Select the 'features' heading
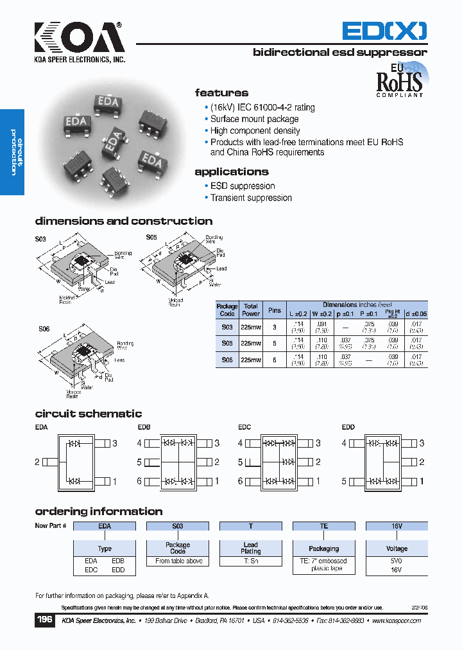tap(221, 93)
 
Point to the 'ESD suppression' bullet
tap(243, 186)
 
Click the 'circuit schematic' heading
tap(89, 414)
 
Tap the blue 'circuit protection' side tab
tap(12, 152)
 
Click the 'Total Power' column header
tap(251, 310)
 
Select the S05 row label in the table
tap(227, 344)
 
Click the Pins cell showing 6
tap(275, 361)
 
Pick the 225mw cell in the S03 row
tap(251, 327)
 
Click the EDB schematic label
tap(144, 427)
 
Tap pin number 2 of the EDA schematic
tap(37, 462)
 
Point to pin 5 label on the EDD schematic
tap(344, 481)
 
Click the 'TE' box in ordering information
tap(324, 526)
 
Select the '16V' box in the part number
tap(397, 526)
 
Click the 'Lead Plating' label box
tap(251, 548)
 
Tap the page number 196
tap(44, 620)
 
